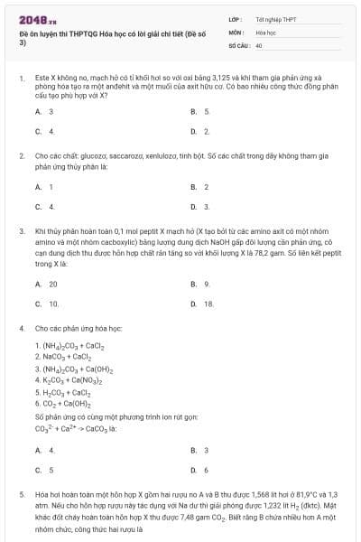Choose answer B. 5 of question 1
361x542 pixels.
click(x=200, y=111)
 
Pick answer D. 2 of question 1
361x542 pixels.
click(x=200, y=131)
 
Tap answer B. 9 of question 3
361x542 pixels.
click(x=200, y=284)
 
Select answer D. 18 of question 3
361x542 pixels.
click(x=202, y=304)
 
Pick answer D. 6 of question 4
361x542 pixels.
click(x=200, y=470)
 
